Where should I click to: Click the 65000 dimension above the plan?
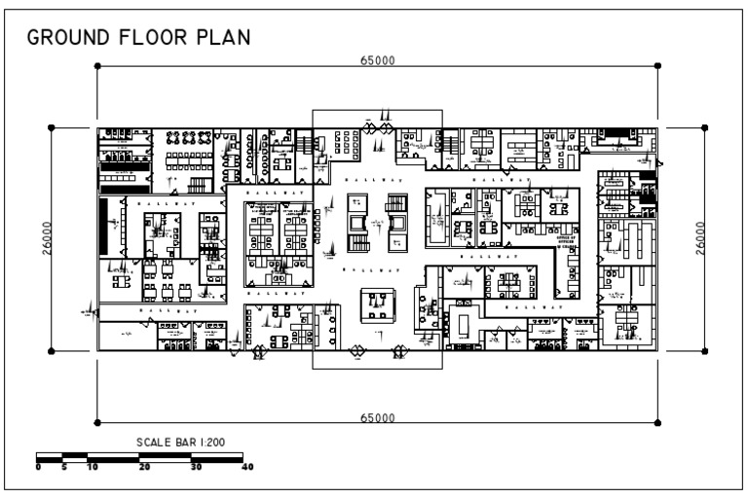pos(377,60)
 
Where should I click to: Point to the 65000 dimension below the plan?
pos(377,417)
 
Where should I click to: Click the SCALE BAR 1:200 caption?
pos(181,443)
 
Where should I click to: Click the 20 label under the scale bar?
pos(143,467)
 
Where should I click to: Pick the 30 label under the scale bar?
pos(196,467)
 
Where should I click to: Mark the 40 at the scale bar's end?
pos(246,467)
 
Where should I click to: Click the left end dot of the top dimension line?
pos(97,65)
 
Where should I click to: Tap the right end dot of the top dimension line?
pos(658,65)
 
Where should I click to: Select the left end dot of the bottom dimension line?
pos(97,422)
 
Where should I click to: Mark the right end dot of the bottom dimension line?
pos(658,422)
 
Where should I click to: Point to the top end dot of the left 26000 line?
pos(52,126)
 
